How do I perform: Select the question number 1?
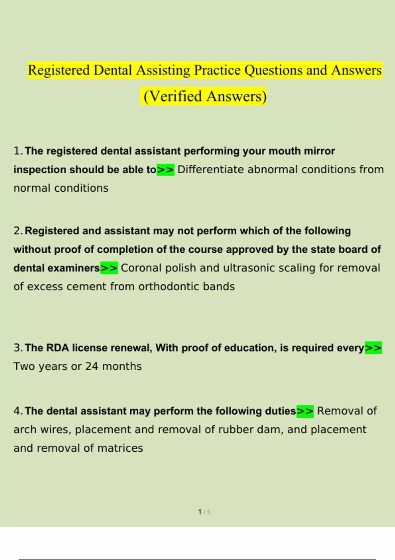[x=17, y=151]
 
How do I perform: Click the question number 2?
[x=17, y=231]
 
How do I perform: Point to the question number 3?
[x=17, y=348]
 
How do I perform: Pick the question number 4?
[x=17, y=411]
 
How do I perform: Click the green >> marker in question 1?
[x=165, y=170]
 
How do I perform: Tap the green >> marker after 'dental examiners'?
[x=109, y=268]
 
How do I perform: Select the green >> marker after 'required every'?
[x=373, y=348]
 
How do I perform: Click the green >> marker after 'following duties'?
[x=305, y=411]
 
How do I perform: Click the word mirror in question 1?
[x=319, y=151]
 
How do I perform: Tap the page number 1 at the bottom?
[x=200, y=512]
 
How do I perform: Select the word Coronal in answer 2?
[x=141, y=268]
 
